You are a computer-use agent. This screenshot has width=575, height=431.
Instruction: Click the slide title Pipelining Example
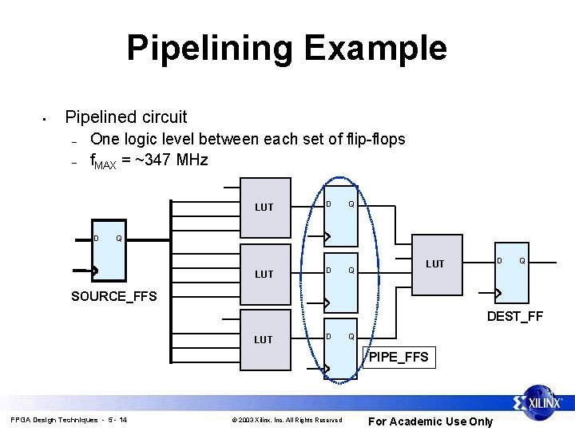[x=287, y=48]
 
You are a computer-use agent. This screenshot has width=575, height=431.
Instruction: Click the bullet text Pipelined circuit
[x=126, y=117]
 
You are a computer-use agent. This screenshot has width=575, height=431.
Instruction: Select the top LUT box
[x=264, y=208]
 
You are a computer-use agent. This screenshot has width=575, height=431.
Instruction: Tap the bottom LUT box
[x=264, y=339]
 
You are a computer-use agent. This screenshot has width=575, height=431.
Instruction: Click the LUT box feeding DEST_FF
[x=434, y=263]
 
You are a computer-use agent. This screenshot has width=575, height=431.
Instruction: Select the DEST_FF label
[x=515, y=316]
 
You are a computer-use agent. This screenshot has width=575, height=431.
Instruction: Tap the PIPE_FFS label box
[x=399, y=357]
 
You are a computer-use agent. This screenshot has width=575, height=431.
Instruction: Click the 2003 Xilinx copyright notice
[x=286, y=420]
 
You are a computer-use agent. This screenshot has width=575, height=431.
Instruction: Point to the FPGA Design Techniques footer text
[x=69, y=420]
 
